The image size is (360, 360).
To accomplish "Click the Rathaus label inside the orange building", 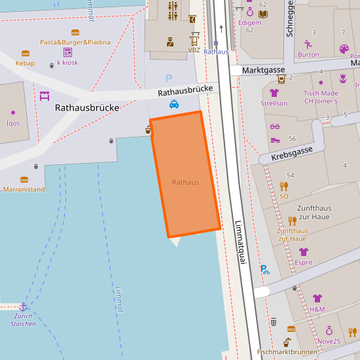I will click(185, 182).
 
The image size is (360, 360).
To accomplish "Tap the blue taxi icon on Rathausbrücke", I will click(174, 103).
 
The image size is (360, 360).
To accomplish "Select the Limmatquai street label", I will click(240, 242).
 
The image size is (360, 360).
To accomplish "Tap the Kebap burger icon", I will click(26, 54).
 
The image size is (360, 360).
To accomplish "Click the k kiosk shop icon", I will click(67, 52).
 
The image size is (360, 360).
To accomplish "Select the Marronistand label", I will click(24, 189).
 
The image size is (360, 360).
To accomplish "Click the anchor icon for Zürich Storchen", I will click(23, 306).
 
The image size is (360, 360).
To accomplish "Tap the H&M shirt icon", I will click(317, 298).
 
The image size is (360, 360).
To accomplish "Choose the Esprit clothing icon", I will click(303, 252).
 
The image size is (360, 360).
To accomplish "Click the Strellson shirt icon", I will click(274, 93).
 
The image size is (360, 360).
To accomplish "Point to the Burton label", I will click(308, 55).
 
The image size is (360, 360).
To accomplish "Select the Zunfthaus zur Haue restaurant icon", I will click(292, 221).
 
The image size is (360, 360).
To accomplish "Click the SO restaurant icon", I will click(283, 186).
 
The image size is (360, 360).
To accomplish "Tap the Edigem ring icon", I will click(249, 12).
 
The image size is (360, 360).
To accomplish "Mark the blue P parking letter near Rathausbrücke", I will click(169, 79).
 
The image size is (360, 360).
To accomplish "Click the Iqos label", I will click(13, 123).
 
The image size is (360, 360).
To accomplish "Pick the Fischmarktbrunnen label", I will click(287, 352).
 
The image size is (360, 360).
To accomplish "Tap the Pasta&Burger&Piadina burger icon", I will click(75, 32).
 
